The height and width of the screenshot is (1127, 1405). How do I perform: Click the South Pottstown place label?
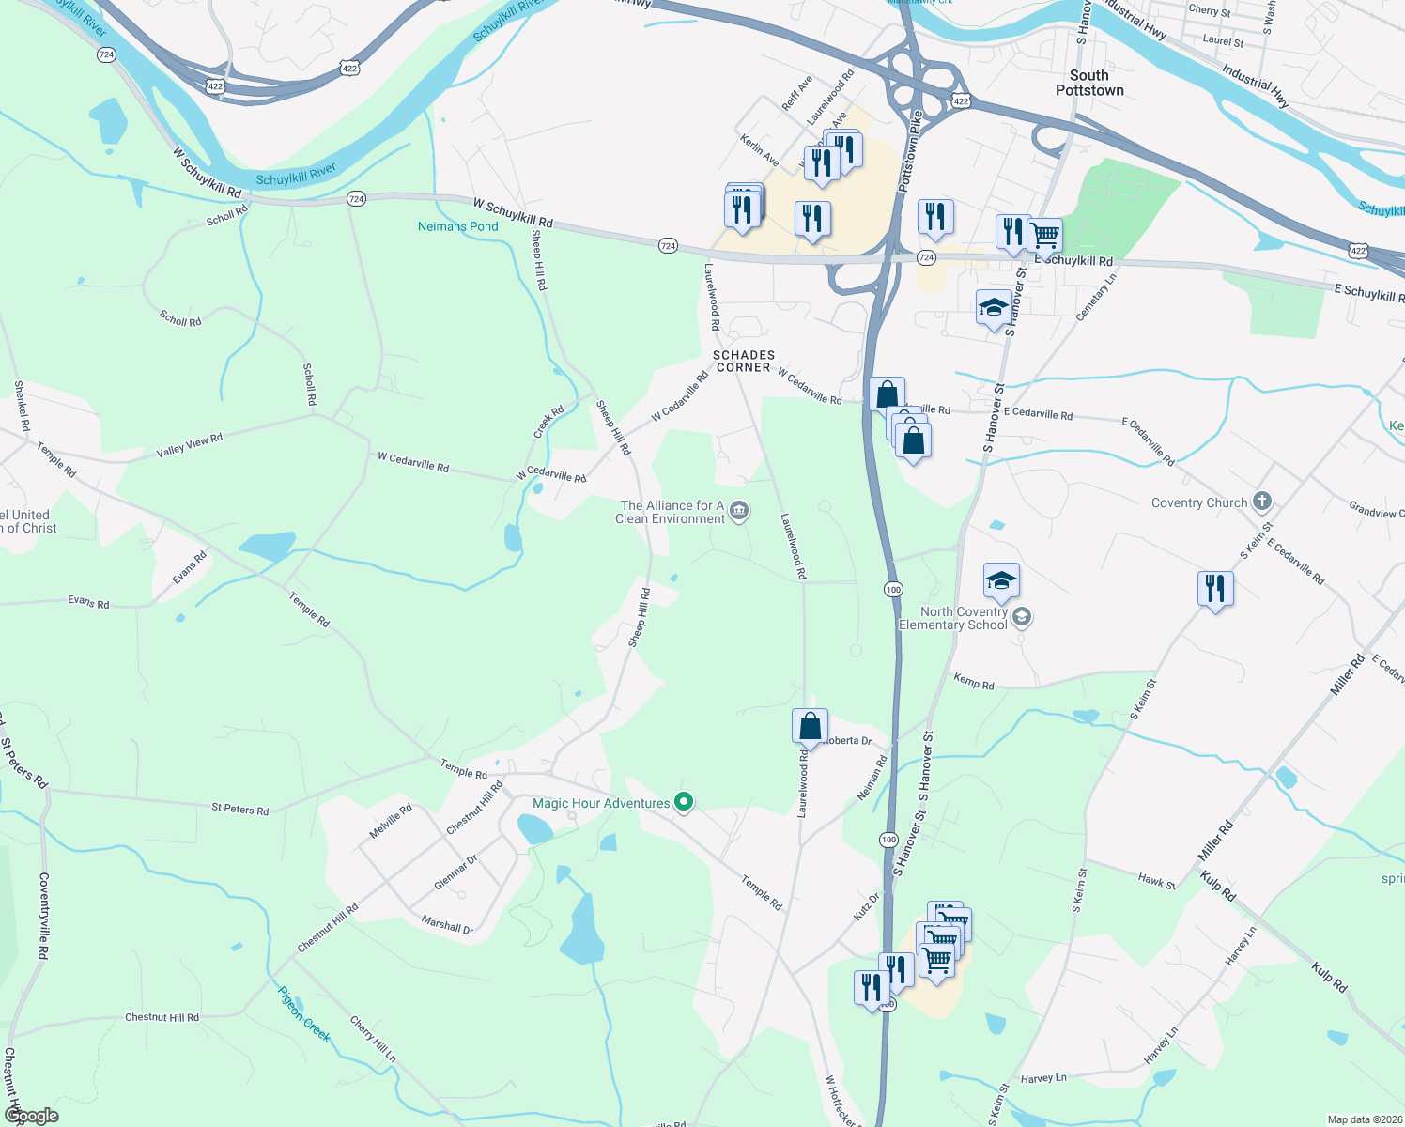(1089, 83)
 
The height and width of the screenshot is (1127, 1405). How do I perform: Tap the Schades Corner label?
(744, 362)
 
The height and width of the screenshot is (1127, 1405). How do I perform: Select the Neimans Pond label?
(458, 226)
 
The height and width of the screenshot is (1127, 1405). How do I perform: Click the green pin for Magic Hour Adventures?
(685, 802)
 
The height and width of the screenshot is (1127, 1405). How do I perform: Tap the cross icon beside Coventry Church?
(1262, 502)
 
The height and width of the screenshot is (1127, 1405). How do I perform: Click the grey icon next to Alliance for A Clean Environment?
(739, 511)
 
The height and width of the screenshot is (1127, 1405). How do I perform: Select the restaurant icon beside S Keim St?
(1215, 589)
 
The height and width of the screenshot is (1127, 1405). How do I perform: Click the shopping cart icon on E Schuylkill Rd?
(1044, 234)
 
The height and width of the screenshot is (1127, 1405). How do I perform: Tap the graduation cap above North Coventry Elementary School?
(1001, 581)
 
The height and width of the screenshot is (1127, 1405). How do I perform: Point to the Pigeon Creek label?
(304, 1013)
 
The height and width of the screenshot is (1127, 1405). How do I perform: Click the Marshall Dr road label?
(447, 925)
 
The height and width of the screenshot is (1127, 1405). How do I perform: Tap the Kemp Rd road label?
(974, 682)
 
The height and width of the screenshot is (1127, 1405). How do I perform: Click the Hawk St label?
(1156, 881)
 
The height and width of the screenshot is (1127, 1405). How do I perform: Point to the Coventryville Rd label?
(44, 916)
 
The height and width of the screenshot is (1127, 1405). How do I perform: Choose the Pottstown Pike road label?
(908, 152)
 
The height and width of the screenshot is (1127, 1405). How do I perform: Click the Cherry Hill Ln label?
(373, 1039)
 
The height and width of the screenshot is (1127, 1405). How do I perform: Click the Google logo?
(31, 1116)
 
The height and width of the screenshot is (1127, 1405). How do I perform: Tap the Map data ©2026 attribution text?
(1362, 1119)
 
